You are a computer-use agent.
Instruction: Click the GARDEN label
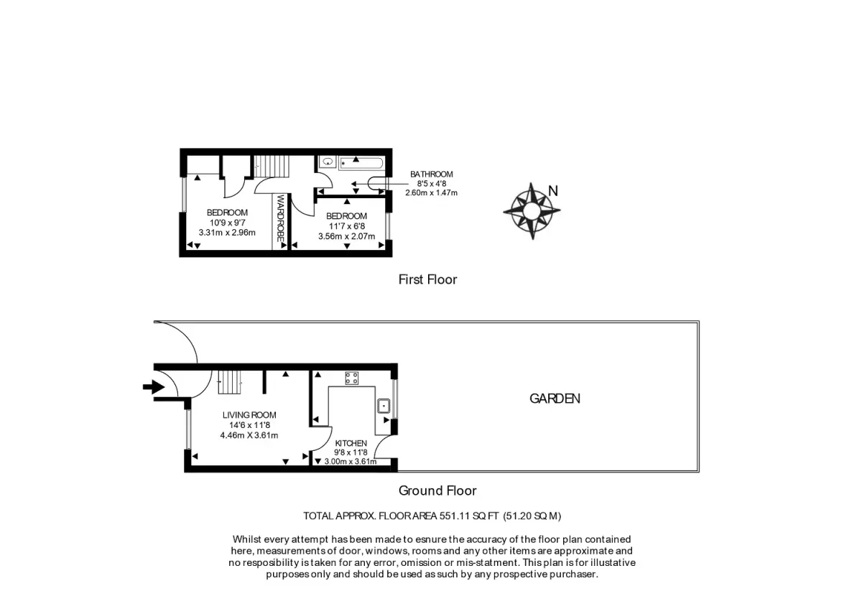click(555, 399)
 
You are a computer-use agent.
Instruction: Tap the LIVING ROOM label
click(249, 415)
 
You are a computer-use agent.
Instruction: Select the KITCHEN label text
click(351, 443)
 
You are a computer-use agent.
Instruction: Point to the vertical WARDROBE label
click(280, 218)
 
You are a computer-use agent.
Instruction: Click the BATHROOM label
click(432, 175)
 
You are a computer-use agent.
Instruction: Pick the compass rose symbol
click(532, 211)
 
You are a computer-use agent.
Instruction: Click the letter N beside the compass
click(553, 191)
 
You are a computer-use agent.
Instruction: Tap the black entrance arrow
click(154, 387)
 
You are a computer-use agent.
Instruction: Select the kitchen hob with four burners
click(351, 378)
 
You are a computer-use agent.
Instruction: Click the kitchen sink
click(384, 406)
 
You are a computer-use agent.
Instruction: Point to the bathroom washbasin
click(328, 162)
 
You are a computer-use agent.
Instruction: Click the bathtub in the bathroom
click(361, 163)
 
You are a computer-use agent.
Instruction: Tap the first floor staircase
click(272, 166)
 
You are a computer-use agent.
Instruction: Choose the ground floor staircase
click(230, 382)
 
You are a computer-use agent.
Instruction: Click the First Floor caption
click(427, 279)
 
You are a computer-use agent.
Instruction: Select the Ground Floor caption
click(437, 491)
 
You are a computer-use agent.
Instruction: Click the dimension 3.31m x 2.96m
click(227, 233)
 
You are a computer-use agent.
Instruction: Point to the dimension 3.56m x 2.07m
click(346, 236)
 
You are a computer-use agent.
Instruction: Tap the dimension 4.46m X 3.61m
click(249, 435)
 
